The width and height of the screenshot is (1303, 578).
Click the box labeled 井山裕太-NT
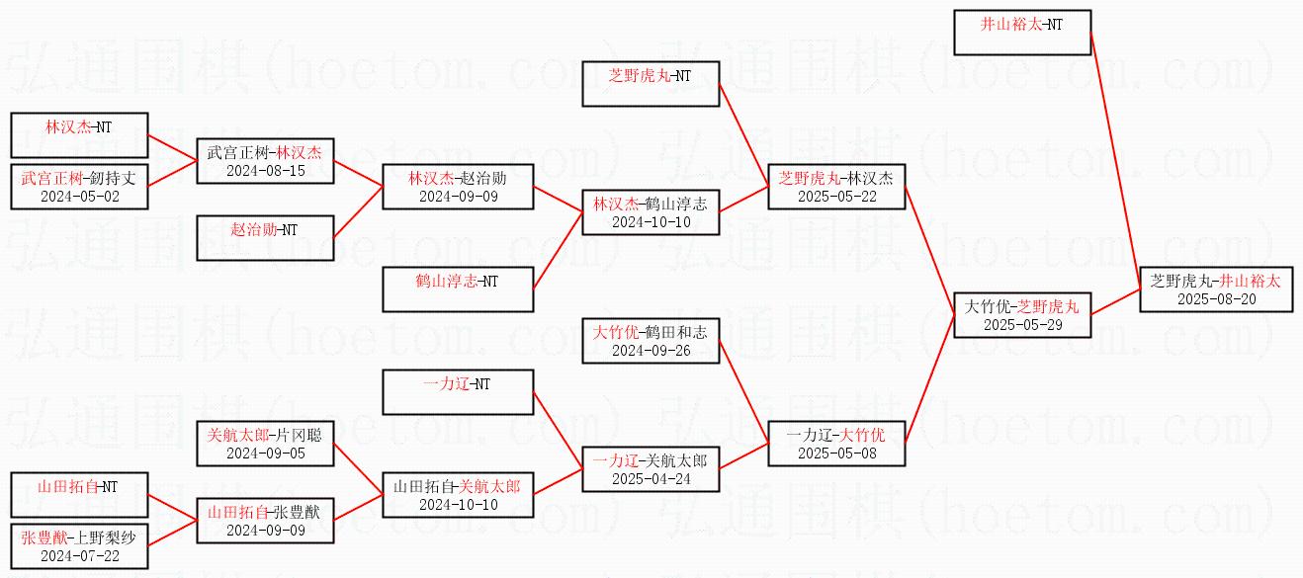click(x=1022, y=32)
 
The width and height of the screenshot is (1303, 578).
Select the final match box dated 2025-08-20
click(x=1216, y=289)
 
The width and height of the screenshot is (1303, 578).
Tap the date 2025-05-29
click(x=1022, y=324)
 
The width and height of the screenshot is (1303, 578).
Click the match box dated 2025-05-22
click(x=836, y=186)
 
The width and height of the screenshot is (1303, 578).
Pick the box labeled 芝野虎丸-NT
click(x=650, y=84)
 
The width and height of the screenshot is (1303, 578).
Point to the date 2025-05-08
click(x=836, y=454)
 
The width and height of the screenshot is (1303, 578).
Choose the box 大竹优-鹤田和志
click(x=651, y=340)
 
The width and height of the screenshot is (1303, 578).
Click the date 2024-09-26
click(x=651, y=350)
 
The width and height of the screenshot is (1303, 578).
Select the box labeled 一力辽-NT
click(x=457, y=392)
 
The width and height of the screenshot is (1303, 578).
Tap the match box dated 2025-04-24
click(x=651, y=468)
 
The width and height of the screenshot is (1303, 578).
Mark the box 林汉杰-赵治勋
click(x=457, y=186)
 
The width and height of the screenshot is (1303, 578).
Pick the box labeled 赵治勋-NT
click(x=264, y=237)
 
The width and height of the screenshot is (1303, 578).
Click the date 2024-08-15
click(x=265, y=171)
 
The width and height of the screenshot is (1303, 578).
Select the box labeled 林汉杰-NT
click(x=79, y=134)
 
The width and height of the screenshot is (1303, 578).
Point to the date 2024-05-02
click(x=79, y=196)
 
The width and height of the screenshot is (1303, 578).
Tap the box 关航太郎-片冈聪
click(x=265, y=443)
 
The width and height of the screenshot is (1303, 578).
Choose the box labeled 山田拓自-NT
click(x=79, y=494)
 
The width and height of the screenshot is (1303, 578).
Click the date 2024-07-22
click(x=79, y=556)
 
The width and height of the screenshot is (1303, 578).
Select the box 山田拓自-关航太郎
click(x=457, y=494)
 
